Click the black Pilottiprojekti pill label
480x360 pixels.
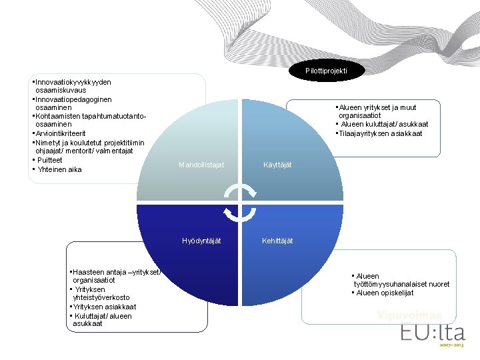click(326, 70)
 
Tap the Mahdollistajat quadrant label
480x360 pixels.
click(201, 165)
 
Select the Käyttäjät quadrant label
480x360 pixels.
click(278, 165)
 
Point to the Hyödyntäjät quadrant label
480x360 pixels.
click(201, 241)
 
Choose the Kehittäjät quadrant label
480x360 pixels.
click(278, 241)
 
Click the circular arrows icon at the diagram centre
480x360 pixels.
click(239, 202)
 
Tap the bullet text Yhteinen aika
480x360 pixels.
click(60, 169)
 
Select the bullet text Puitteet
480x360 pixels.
click(50, 160)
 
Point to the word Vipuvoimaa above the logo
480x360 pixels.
click(409, 315)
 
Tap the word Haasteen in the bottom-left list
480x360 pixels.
click(87, 272)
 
